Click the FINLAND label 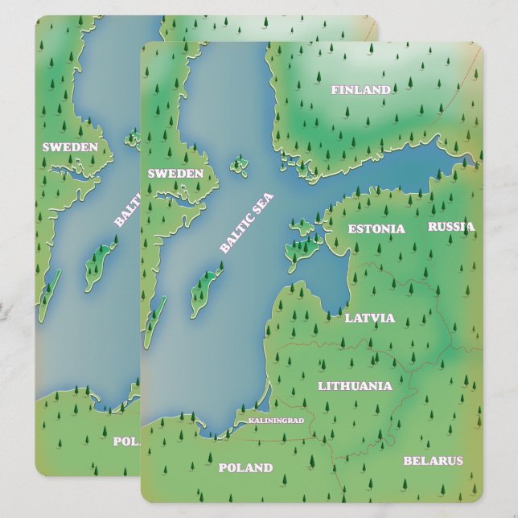(x=360, y=90)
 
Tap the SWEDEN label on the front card (x=175, y=173)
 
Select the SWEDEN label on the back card (x=70, y=147)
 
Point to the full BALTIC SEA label (x=246, y=223)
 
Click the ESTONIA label (x=376, y=229)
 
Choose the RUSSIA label (x=450, y=227)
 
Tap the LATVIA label (x=369, y=318)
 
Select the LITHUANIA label (x=355, y=386)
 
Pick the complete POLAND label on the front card (x=245, y=467)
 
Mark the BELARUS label (x=433, y=461)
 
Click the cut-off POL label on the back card (x=125, y=441)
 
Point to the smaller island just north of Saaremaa (x=302, y=229)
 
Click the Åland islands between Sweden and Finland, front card (x=238, y=166)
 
